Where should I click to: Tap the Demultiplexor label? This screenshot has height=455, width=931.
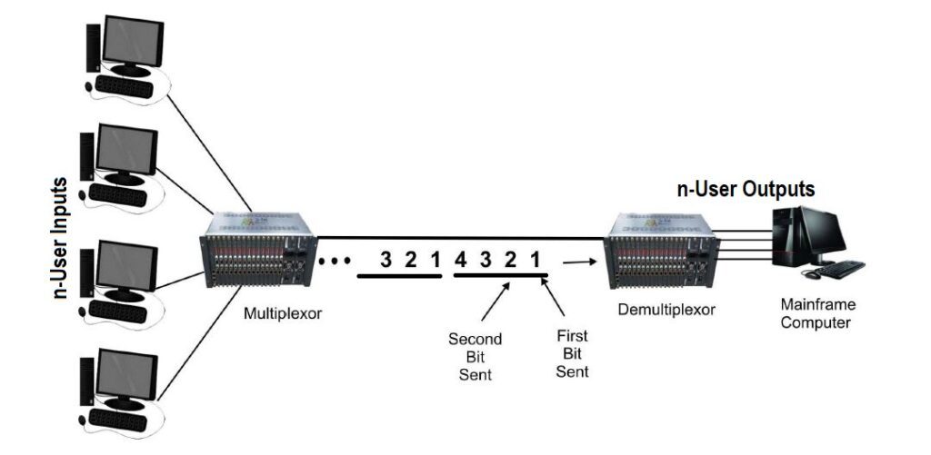[x=666, y=309]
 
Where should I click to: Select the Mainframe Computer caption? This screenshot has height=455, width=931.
[x=817, y=313]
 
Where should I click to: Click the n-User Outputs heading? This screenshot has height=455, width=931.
[x=745, y=190]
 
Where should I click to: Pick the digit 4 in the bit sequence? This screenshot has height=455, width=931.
[x=461, y=260]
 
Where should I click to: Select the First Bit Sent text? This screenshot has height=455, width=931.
[x=572, y=353]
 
